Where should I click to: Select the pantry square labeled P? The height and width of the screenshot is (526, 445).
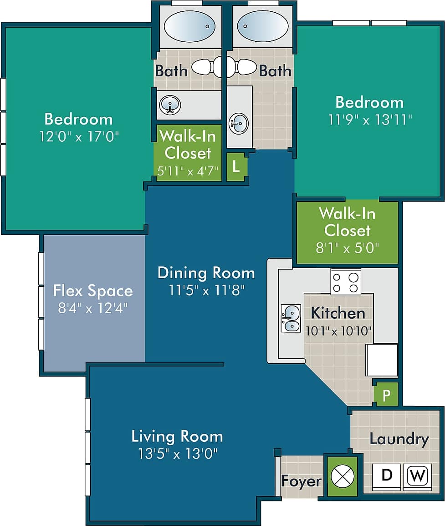point(386,395)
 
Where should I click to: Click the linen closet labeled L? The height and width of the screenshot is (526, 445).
point(236,166)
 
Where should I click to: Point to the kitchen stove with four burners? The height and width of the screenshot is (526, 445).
point(346,282)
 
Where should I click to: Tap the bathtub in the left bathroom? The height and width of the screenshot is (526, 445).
point(189,26)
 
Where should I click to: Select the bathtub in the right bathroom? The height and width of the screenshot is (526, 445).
point(262,26)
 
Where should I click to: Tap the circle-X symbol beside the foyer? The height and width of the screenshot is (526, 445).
point(342,476)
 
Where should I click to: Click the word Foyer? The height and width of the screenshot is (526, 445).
point(301,481)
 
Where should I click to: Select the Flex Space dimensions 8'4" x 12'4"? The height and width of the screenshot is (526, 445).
point(92,308)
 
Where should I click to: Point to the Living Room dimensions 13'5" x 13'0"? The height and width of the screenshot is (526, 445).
point(178,453)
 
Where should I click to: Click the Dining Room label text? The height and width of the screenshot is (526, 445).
point(206,273)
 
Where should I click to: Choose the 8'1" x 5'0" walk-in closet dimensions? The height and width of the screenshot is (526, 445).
point(347,248)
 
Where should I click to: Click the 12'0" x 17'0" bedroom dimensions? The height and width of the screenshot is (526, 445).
point(78,136)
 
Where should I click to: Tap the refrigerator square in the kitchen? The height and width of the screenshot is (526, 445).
point(382,360)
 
